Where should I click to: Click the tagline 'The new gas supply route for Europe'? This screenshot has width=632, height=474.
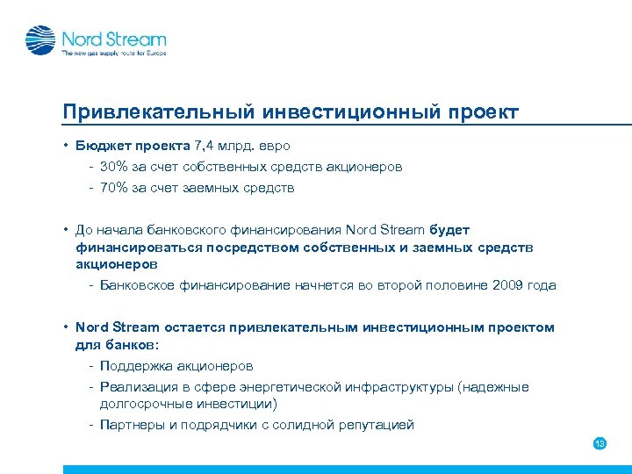pos(112,54)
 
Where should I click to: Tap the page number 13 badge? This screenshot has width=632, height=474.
pos(600,443)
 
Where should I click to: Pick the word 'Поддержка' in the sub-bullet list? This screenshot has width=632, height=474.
pos(137,365)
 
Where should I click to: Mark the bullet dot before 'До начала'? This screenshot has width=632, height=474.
pos(66,230)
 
